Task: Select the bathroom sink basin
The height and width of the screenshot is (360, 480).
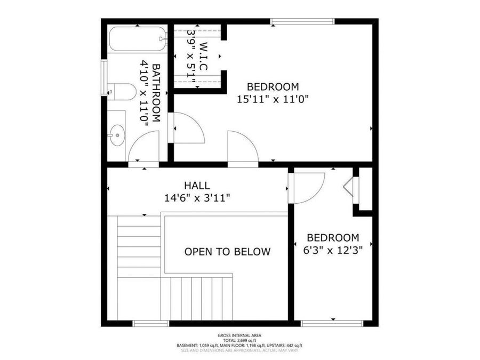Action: click(x=117, y=135)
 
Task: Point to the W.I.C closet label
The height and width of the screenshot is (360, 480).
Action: click(x=203, y=56)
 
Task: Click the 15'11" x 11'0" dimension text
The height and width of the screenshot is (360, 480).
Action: click(x=273, y=99)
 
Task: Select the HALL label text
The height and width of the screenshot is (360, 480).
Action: click(x=197, y=186)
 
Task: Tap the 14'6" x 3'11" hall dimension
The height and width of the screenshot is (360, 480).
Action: click(x=197, y=198)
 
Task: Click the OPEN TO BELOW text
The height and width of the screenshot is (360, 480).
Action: click(x=227, y=252)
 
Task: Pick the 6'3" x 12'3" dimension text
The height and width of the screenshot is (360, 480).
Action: click(x=333, y=250)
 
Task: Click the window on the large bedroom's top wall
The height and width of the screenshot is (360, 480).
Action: click(x=302, y=21)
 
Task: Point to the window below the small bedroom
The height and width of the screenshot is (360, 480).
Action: click(x=332, y=323)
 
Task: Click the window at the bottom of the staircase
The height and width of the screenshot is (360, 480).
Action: click(x=151, y=323)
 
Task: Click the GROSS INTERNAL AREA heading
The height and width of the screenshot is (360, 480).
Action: click(x=239, y=335)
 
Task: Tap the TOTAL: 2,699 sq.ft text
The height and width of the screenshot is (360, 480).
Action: click(x=239, y=340)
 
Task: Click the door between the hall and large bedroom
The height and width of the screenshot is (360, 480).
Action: click(x=243, y=147)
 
